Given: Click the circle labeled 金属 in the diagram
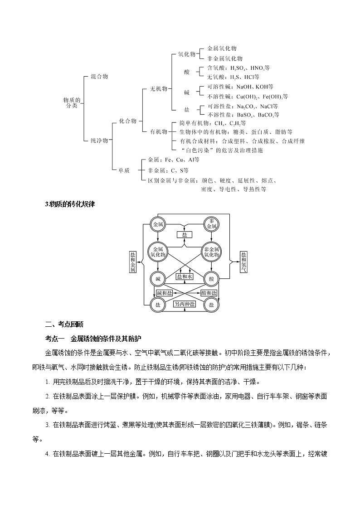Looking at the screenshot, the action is point(158,223).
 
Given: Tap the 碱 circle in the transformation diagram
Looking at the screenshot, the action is point(158,278).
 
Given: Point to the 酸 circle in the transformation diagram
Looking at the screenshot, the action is point(211,278).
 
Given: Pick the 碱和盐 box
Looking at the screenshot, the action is point(165,293).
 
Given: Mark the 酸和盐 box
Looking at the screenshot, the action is point(209,293).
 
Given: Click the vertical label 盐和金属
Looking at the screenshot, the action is point(133,262).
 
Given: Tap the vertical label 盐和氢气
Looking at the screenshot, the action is point(244,262).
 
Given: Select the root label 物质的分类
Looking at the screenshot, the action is point(72,102).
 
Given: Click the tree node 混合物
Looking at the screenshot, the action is point(99,77).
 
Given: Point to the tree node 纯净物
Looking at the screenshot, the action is point(99,141).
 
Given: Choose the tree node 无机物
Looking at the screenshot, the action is point(159,89).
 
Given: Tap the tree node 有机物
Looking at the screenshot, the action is point(159,131).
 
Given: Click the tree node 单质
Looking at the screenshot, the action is point(124,170).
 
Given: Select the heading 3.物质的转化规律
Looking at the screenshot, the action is point(69,204).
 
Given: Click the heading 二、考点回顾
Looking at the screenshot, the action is point(64,324).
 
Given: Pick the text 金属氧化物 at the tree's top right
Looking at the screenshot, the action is point(222,48).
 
